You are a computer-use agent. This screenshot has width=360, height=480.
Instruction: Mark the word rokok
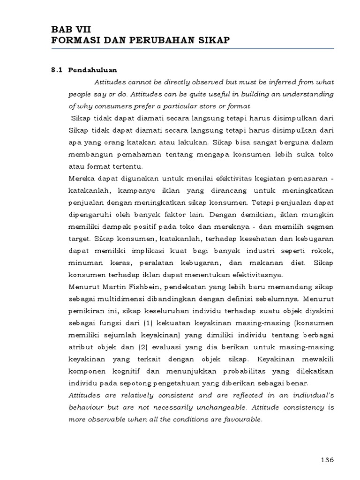pos(324,250)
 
